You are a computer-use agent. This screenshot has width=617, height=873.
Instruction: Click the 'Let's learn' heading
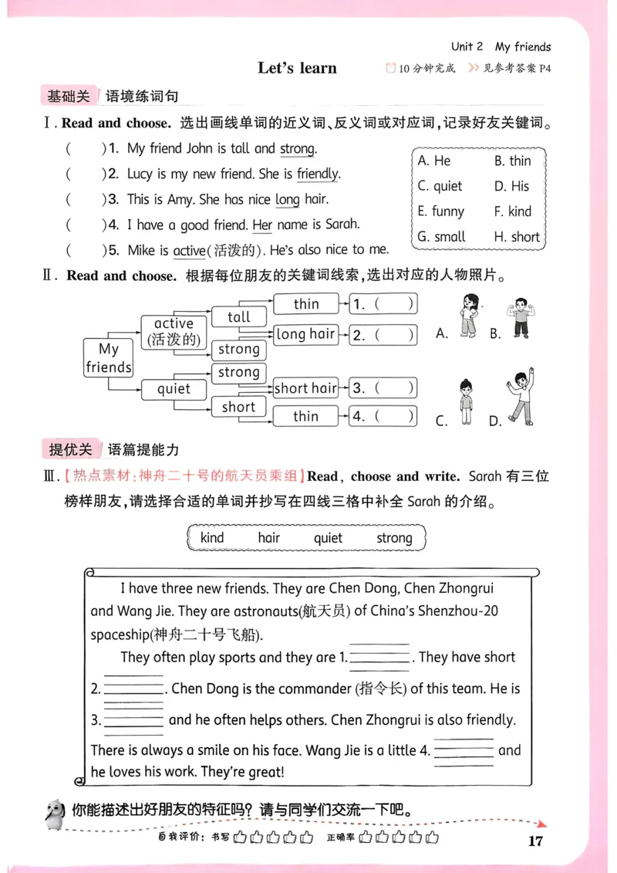[297, 68]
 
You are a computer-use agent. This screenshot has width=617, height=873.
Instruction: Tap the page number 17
[536, 841]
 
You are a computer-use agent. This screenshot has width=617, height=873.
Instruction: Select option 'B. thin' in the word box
[512, 161]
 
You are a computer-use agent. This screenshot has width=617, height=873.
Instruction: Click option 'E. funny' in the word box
[440, 211]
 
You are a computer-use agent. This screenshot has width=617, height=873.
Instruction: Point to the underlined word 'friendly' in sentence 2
[318, 174]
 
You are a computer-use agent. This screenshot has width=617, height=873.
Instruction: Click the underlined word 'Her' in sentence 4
[262, 225]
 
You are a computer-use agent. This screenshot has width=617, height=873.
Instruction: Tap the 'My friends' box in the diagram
[108, 358]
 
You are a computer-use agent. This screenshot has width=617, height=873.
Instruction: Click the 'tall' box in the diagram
[239, 316]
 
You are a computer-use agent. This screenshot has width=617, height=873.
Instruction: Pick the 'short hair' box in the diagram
[305, 388]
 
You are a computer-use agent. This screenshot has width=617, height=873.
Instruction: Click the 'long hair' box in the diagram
[305, 334]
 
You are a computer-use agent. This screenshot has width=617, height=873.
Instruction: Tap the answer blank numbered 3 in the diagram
[383, 388]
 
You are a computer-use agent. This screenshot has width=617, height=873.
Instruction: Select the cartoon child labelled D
[519, 398]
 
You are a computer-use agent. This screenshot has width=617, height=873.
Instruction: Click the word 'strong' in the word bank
[394, 538]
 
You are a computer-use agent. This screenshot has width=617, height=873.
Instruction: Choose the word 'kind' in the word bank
[212, 538]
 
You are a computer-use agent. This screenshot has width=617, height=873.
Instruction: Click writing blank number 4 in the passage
[464, 751]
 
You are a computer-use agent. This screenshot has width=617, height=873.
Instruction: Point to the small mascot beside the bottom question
[54, 811]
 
